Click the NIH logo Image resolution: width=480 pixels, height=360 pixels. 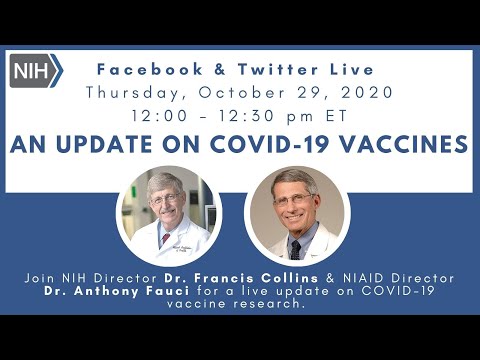37,71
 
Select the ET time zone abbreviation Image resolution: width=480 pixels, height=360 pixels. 337,117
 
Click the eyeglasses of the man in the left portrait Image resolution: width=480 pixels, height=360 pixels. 165,198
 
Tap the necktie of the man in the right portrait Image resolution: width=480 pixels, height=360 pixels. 294,246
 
